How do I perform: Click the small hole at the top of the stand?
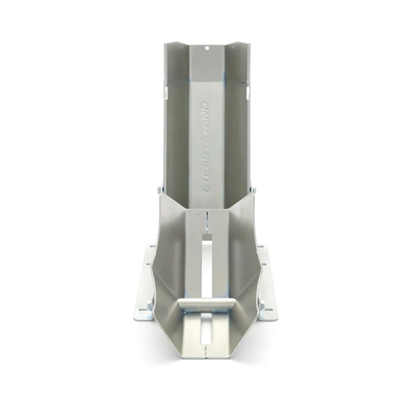(207, 48)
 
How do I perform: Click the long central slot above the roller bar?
(207, 266)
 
